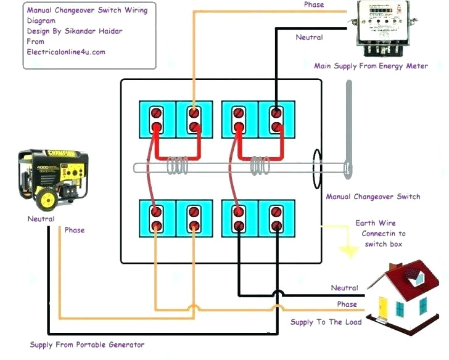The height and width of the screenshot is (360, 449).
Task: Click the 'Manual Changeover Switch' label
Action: pyautogui.click(x=373, y=197)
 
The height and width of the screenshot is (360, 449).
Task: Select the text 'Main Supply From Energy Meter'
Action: pyautogui.click(x=371, y=66)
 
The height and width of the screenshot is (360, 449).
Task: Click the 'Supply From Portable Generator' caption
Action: pyautogui.click(x=87, y=345)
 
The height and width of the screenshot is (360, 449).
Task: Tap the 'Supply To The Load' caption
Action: pyautogui.click(x=326, y=322)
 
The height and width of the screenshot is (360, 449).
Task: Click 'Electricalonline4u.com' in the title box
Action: pyautogui.click(x=66, y=52)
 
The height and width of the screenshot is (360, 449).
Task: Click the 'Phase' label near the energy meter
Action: pyautogui.click(x=313, y=5)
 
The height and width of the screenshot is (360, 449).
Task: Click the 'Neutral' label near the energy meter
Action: pyautogui.click(x=309, y=38)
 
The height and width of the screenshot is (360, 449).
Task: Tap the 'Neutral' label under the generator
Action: pyautogui.click(x=41, y=219)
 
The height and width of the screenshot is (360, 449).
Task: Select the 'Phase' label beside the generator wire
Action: pyautogui.click(x=75, y=230)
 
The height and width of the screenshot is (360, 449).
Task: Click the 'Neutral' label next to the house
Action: pyautogui.click(x=344, y=288)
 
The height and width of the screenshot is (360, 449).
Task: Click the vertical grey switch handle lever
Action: pyautogui.click(x=348, y=129)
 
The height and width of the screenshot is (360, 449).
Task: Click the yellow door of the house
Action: pyautogui.click(x=382, y=305)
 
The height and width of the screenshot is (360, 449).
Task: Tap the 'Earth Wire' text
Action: pyautogui.click(x=376, y=223)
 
